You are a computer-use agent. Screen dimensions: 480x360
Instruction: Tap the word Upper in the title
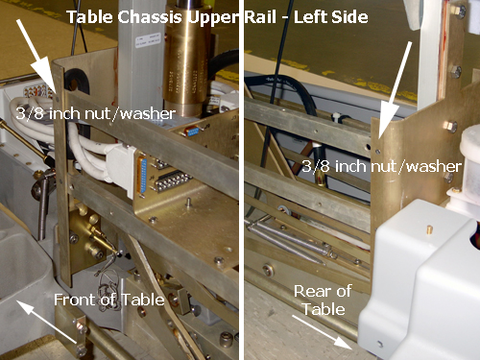click(x=213, y=18)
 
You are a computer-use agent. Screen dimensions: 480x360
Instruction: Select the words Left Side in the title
click(x=331, y=17)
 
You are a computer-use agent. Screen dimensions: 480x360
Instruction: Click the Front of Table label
click(x=109, y=300)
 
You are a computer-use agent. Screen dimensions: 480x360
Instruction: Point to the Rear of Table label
click(x=323, y=300)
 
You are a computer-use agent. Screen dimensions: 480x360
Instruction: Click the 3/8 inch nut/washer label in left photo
click(x=96, y=113)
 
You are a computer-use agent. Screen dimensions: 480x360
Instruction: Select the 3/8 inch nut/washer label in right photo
click(x=382, y=166)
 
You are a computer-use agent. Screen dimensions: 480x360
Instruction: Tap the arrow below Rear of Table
click(x=323, y=332)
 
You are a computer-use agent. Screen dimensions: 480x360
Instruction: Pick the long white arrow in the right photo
click(x=395, y=92)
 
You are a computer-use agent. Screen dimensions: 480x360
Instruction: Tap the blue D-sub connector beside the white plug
click(x=143, y=176)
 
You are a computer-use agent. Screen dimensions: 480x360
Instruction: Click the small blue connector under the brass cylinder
click(x=192, y=131)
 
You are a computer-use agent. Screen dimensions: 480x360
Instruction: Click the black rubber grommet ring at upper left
click(x=76, y=81)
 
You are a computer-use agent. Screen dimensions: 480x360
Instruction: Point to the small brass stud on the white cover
click(x=429, y=229)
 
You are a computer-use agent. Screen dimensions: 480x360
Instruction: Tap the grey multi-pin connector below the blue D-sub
click(x=170, y=182)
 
